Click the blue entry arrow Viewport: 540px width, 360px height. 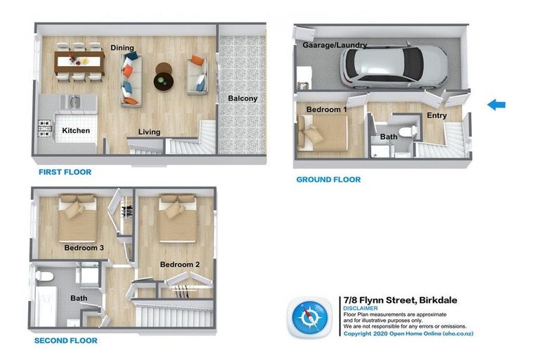tap(496, 105)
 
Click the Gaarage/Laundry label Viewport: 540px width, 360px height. tap(335, 45)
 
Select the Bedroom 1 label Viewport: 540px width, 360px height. tap(326, 109)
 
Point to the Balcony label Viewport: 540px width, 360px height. tap(242, 98)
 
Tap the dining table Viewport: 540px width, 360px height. tap(77, 60)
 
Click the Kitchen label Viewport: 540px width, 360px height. tap(76, 131)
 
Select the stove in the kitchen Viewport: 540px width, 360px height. tap(46, 128)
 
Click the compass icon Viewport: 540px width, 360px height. tap(310, 318)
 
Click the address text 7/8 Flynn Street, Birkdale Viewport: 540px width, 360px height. tap(399, 300)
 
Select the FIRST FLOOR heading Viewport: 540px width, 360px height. tap(65, 172)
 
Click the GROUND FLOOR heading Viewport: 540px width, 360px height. tap(328, 180)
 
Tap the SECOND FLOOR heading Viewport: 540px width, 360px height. tap(66, 340)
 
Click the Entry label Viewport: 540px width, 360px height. tap(437, 115)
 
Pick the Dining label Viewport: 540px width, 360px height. tap(122, 48)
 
